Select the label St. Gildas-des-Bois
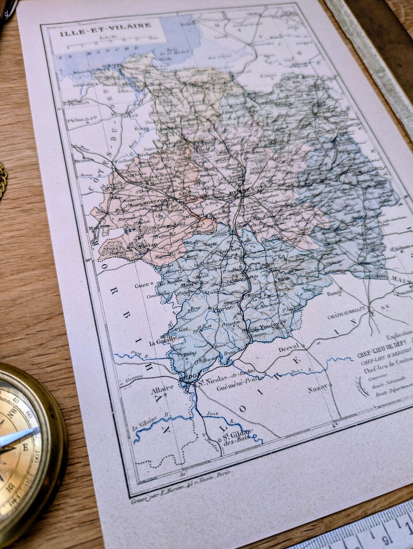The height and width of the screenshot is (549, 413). [234, 436]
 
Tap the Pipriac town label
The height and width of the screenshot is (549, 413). [219, 309]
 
